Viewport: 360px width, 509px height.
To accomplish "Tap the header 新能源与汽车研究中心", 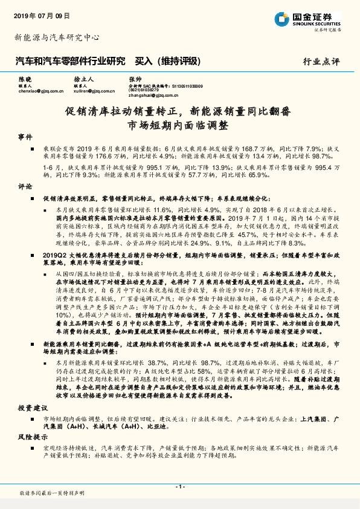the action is (x=57, y=37).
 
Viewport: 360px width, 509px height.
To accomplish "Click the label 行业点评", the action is (x=321, y=62).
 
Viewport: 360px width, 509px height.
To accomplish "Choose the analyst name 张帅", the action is (x=135, y=79).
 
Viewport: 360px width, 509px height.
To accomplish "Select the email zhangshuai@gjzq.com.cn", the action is (x=153, y=94).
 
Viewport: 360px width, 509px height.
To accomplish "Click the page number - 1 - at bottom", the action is (x=179, y=487).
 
